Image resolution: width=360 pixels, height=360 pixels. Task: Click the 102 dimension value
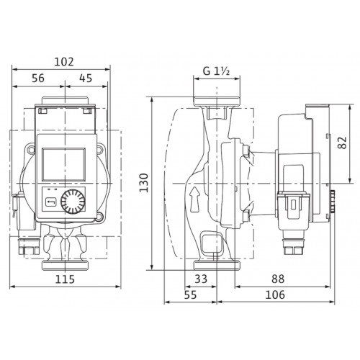[x=64, y=62]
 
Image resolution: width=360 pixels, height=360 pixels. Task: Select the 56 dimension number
[x=38, y=78]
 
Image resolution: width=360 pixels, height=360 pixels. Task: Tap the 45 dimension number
[x=86, y=78]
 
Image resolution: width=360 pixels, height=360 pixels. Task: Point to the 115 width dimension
[x=65, y=279]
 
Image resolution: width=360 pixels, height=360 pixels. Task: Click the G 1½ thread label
[x=217, y=71]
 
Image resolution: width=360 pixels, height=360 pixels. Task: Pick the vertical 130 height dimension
[x=144, y=182]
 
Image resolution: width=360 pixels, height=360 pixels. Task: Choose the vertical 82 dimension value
[x=342, y=143]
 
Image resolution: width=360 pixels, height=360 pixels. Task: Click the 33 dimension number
[x=201, y=279]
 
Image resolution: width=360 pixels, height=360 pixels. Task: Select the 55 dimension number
[x=190, y=294]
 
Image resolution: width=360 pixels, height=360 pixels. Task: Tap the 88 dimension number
[x=278, y=279]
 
